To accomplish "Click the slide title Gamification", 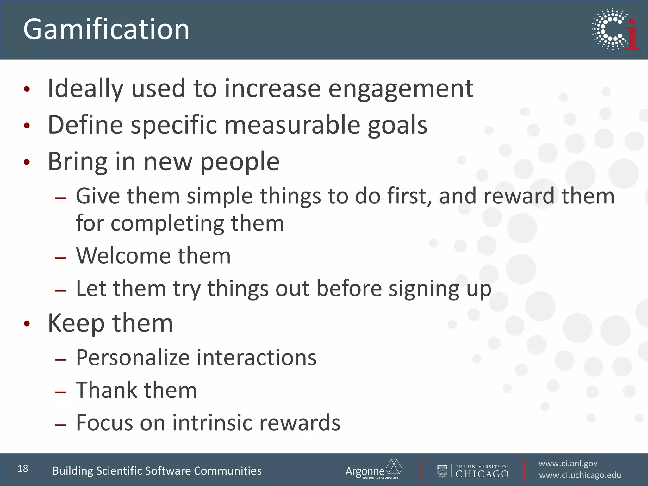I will click(106, 29).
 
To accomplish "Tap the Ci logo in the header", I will click(615, 29).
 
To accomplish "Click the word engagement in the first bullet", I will click(401, 89).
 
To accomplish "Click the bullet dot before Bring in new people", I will click(27, 162).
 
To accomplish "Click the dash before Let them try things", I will click(60, 290).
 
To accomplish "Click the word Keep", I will click(76, 323).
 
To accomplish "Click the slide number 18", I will click(23, 469).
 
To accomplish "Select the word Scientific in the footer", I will click(119, 471).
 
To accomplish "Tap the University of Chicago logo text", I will click(482, 471).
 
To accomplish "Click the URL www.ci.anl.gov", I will click(568, 464).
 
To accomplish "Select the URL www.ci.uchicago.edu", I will click(580, 475).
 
